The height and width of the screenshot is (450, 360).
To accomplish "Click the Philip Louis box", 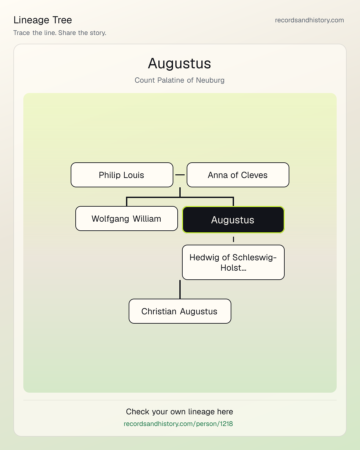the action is [122, 175].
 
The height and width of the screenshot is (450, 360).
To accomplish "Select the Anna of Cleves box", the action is [238, 175].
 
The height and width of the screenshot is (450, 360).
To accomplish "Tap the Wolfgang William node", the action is [127, 219].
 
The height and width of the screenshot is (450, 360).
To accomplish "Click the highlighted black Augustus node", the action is [233, 220].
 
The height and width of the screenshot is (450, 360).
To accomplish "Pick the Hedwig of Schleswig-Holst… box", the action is [233, 262].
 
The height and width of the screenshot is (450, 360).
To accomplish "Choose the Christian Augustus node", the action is [180, 311].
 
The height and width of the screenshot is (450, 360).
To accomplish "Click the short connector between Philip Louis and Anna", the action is [180, 175].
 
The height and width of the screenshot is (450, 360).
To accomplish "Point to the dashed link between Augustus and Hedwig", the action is [233, 239].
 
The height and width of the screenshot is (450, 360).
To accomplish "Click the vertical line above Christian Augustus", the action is [180, 289].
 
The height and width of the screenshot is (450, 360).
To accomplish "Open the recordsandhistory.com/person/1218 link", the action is [178, 424].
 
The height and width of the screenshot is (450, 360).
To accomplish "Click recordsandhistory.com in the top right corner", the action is [309, 20].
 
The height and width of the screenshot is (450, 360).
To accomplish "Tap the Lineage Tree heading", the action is [43, 20].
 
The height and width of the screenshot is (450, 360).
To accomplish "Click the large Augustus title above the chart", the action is [179, 63].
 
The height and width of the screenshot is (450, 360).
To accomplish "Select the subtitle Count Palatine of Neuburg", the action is [179, 80].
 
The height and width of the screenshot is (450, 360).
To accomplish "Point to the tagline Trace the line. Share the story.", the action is [60, 33].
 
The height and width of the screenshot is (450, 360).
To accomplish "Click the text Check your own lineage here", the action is [179, 412].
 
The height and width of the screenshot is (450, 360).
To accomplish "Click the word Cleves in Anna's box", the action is [254, 175].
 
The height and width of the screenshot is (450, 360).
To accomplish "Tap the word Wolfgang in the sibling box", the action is [110, 219].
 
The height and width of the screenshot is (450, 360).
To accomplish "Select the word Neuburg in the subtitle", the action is [210, 80].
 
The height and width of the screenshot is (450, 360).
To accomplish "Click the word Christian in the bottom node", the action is [159, 311].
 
